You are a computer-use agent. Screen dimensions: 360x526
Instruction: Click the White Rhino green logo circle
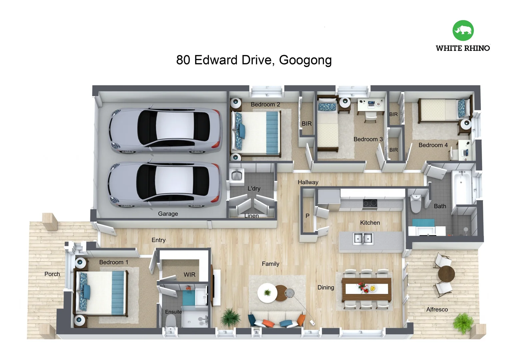[x=463, y=30]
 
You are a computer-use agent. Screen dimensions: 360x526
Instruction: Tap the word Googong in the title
[x=305, y=60]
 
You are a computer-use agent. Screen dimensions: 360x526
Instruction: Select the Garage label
[x=168, y=214]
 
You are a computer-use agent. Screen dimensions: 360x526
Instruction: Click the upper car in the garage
[x=164, y=131]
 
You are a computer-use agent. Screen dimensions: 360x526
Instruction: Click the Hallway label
[x=308, y=182]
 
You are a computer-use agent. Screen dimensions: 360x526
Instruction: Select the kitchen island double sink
[x=363, y=238]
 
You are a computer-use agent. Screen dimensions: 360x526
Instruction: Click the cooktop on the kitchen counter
[x=370, y=203]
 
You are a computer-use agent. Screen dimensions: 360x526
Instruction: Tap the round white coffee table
[x=267, y=293]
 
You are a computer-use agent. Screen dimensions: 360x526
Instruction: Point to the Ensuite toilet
[x=171, y=322]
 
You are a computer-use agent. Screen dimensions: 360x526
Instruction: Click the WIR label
[x=189, y=274]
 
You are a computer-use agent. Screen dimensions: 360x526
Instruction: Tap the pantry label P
[x=307, y=216]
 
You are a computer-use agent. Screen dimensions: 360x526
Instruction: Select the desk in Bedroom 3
[x=370, y=105]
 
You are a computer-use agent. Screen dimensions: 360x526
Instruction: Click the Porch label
[x=52, y=274]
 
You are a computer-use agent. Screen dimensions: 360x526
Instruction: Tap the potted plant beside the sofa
[x=230, y=317]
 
